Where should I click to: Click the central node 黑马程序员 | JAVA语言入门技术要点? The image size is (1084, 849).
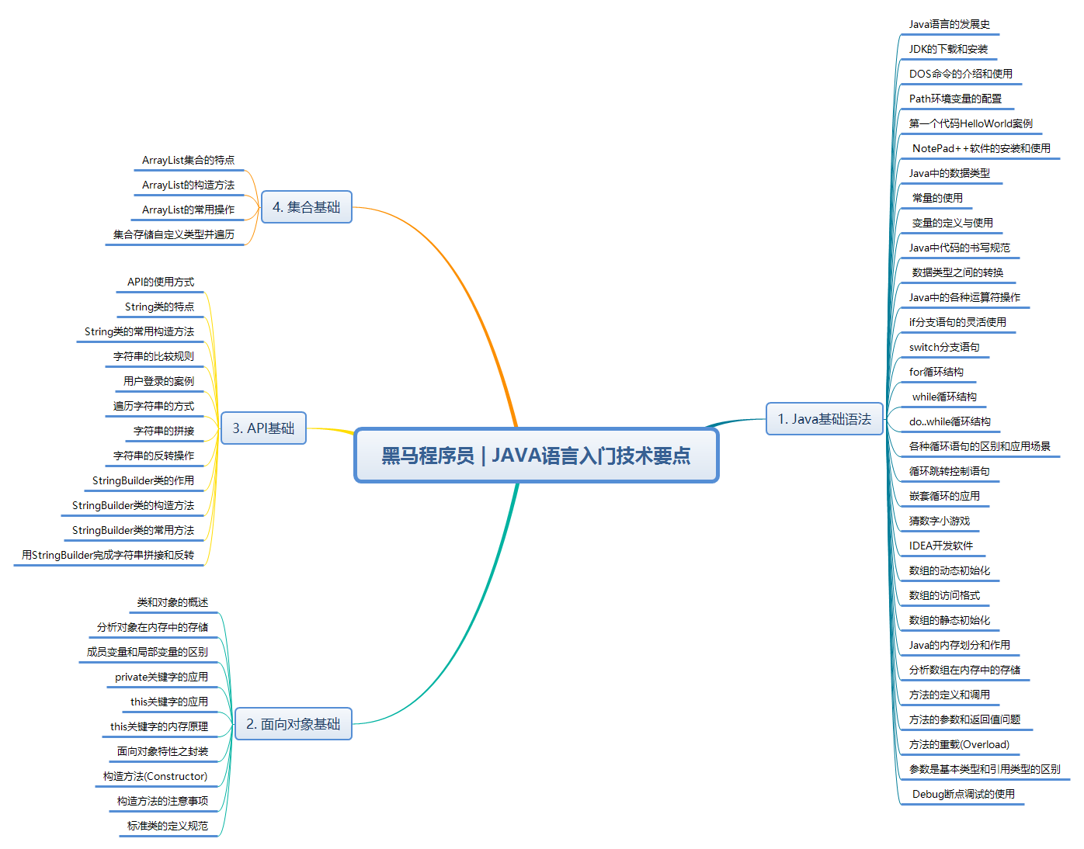[537, 456]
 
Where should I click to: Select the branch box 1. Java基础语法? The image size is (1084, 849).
[824, 419]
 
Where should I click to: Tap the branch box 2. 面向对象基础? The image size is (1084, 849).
[293, 723]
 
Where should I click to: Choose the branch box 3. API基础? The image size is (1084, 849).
[263, 428]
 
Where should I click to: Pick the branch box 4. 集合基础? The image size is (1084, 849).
[306, 207]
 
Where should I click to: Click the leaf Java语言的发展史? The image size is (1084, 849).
[949, 24]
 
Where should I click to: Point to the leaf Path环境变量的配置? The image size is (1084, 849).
[955, 99]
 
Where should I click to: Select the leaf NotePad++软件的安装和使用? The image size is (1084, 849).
[982, 148]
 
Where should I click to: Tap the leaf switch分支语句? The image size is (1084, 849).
[943, 347]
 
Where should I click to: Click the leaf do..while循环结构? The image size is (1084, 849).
[950, 421]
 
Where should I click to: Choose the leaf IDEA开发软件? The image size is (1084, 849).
[940, 546]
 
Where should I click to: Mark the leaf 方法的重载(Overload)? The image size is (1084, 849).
[959, 744]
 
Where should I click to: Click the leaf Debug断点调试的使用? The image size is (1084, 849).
[964, 794]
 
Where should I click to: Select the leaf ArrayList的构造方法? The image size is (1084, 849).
[188, 185]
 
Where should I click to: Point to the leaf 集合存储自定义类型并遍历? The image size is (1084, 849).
[174, 234]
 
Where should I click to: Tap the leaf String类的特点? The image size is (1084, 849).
[159, 307]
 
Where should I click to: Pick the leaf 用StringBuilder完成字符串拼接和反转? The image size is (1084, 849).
[108, 555]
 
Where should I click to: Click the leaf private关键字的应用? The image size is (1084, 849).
[162, 677]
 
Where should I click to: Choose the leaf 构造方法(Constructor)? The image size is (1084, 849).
[155, 776]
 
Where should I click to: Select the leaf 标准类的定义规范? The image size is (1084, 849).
[168, 826]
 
